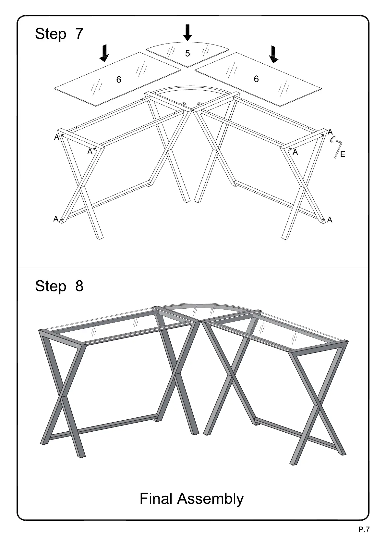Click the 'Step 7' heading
pos(59,34)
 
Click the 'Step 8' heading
pos(59,286)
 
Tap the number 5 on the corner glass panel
pos(187,54)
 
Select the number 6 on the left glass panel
pos(119,80)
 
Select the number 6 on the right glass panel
pos(256,79)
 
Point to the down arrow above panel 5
pos(187,33)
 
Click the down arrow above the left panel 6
pos(104,53)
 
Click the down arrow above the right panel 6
pos(274,54)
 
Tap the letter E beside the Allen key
pos(343,155)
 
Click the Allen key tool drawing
pos(337,149)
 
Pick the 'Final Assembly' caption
pos(191,499)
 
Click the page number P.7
pos(364,530)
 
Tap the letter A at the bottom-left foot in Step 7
pos(56,219)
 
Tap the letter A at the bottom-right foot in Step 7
pos(330,220)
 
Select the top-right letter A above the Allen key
pos(330,132)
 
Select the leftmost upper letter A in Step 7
pos(57,137)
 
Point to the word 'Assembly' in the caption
pos(210,499)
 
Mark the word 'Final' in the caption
pos(156,499)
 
